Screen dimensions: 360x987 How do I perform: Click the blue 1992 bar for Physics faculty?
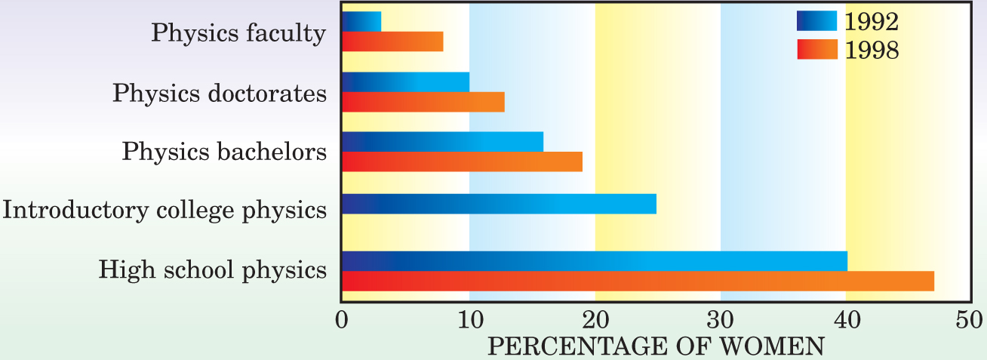pyautogui.click(x=361, y=21)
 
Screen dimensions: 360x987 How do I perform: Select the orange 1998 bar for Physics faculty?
pyautogui.click(x=392, y=42)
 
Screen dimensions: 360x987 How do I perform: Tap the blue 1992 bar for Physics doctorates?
pyautogui.click(x=406, y=82)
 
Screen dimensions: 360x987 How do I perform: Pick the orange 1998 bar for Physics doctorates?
pyautogui.click(x=423, y=102)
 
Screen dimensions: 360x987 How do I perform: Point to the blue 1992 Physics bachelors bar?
pyautogui.click(x=443, y=141)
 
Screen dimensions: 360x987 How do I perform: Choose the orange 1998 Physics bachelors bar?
pyautogui.click(x=463, y=162)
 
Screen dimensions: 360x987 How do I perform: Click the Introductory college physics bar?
pyautogui.click(x=500, y=204)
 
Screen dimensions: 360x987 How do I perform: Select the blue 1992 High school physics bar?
pyautogui.click(x=595, y=261)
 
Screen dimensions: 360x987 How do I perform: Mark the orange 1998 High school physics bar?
pyautogui.click(x=638, y=281)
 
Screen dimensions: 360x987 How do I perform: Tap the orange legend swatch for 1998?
pyautogui.click(x=817, y=49)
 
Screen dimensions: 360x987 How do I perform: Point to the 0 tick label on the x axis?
pyautogui.click(x=343, y=320)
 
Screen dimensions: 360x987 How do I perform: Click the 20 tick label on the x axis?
pyautogui.click(x=595, y=320)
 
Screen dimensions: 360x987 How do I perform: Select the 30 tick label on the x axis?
pyautogui.click(x=721, y=320)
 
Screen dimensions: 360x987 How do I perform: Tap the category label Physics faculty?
pyautogui.click(x=238, y=33)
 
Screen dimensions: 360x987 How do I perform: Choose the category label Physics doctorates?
pyautogui.click(x=220, y=94)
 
